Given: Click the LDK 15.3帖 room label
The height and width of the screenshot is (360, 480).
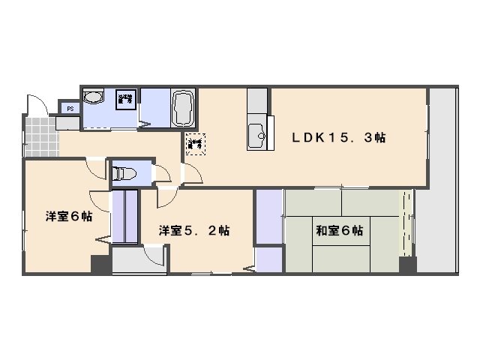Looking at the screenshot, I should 339,138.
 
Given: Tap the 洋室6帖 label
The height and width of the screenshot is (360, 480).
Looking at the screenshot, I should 68,217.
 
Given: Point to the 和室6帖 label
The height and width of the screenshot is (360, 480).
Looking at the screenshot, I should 339,230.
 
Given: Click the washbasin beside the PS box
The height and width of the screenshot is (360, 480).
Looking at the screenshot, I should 94,98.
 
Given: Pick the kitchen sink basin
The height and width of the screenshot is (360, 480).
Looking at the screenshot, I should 256,134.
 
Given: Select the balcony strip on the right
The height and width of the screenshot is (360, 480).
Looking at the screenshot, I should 442,180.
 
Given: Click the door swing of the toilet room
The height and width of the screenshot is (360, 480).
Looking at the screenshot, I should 163,174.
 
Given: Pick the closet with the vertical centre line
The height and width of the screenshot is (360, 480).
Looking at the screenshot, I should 124,217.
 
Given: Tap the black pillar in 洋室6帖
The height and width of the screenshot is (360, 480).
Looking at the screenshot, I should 100,265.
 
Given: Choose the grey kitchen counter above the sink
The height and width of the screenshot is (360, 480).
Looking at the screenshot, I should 256,100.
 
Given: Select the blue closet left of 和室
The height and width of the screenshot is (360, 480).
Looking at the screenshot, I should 268,217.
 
